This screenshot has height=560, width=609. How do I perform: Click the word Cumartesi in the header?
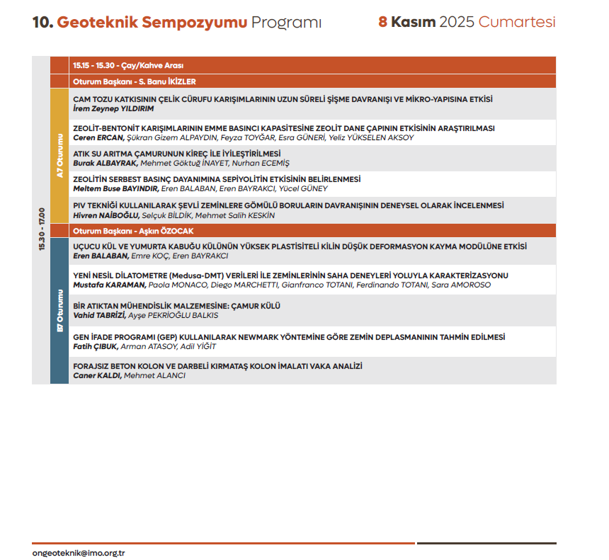tap(517, 22)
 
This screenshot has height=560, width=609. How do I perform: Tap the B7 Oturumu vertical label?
tap(59, 310)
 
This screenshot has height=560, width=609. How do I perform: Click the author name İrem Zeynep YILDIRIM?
tap(113, 109)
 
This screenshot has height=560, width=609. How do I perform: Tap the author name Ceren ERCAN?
tap(98, 137)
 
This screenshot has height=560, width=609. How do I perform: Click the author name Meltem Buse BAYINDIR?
tap(116, 188)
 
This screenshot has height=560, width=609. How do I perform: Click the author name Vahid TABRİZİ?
tap(99, 315)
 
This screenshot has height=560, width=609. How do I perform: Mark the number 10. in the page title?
tap(42, 22)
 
